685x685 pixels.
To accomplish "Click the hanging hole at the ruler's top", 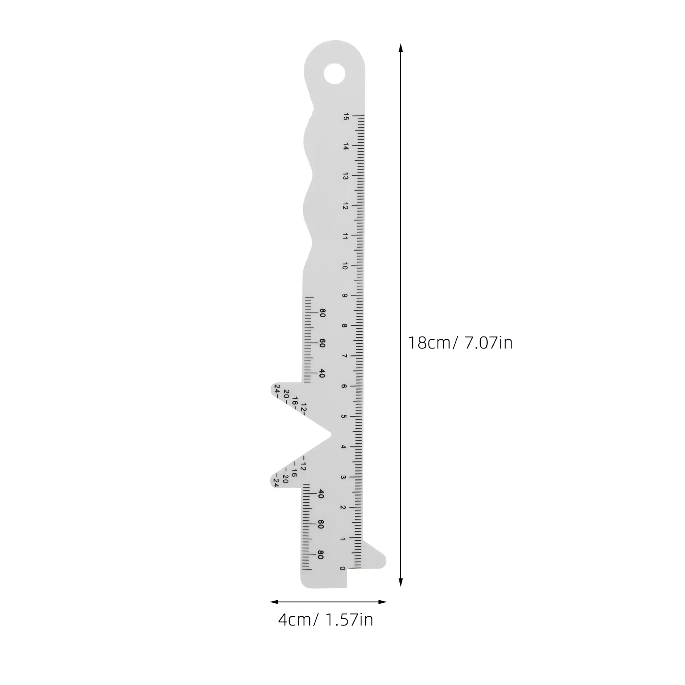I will coord(334,74).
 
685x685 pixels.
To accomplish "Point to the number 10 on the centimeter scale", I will coord(345,266).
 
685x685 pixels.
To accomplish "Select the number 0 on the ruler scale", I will coord(342,568).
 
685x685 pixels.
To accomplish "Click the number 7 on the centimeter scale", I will coord(344,356).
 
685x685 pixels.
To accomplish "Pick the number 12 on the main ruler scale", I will coord(345,206).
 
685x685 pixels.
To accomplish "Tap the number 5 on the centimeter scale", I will coord(343,417).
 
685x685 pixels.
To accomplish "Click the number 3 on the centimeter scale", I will coord(343,477).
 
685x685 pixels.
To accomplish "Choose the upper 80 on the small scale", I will coord(322,313).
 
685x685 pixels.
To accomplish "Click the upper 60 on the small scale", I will coord(322,343).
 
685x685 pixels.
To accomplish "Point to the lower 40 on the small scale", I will coord(321,494).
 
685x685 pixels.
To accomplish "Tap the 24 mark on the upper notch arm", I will coord(277,389).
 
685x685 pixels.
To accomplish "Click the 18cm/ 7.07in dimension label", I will coord(460,343).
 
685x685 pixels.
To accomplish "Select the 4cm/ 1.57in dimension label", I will coord(325,619).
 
